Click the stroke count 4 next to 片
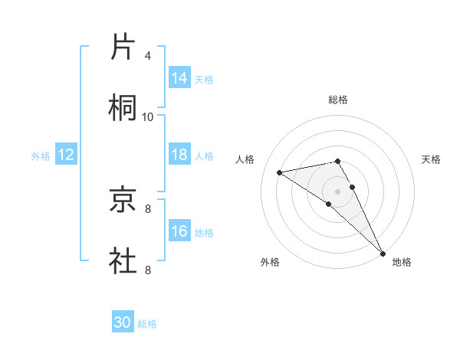147,56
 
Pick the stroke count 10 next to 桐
148,116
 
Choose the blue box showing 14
179,78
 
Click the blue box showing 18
179,155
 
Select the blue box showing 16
179,231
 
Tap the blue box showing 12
66,155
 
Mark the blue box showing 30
123,322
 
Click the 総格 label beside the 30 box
147,324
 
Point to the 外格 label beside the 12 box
41,156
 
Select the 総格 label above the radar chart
338,100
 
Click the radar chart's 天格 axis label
431,159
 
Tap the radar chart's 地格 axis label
402,262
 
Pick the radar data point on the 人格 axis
280,172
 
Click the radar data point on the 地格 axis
383,253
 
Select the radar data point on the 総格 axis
338,161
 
